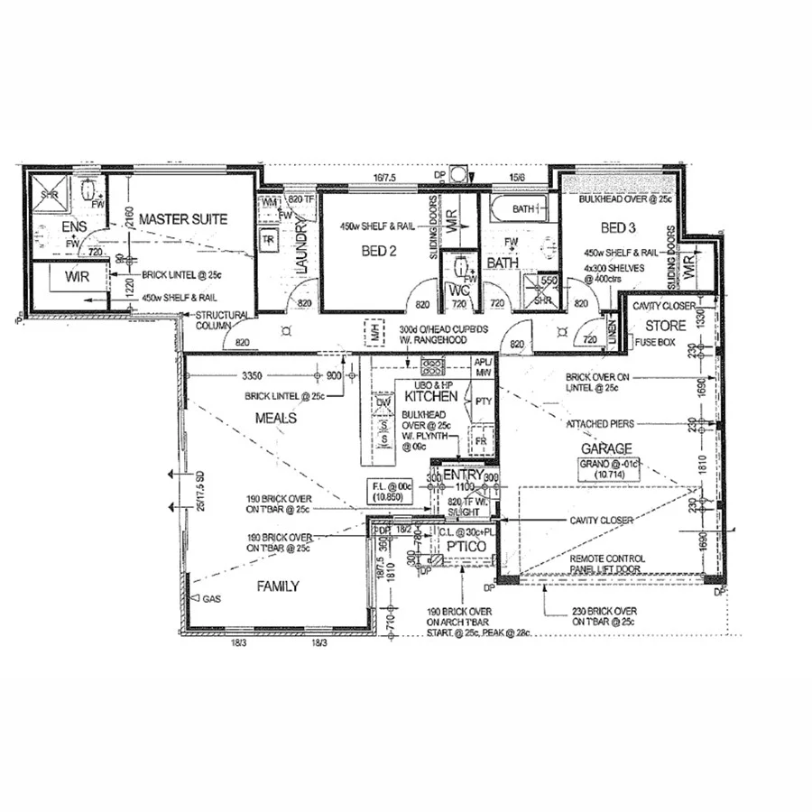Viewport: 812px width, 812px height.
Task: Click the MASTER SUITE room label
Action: (x=183, y=219)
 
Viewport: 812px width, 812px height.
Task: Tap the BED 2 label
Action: (x=381, y=252)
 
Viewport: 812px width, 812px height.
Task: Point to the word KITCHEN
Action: (x=428, y=397)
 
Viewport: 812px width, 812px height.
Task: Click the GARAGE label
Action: (x=605, y=448)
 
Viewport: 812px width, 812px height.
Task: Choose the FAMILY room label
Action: (x=278, y=586)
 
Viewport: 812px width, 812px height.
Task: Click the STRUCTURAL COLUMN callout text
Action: (x=222, y=320)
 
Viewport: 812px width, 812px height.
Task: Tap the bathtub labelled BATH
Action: (x=520, y=210)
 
